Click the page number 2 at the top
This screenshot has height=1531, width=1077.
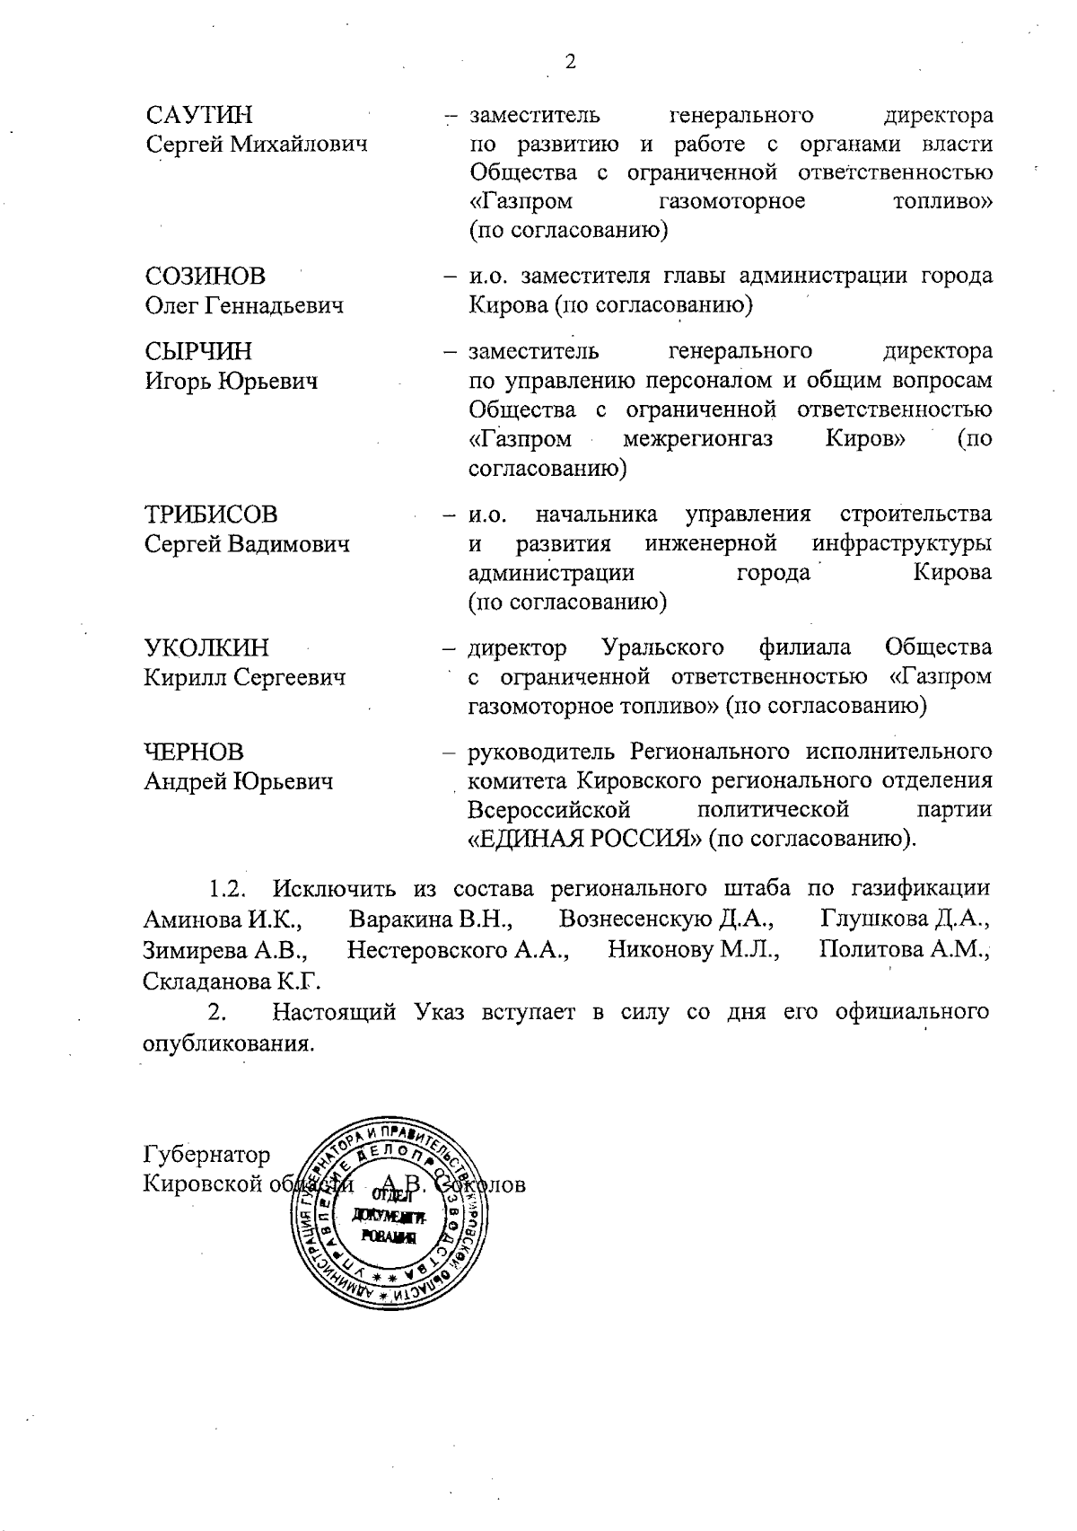tap(570, 62)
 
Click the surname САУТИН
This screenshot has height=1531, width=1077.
tap(198, 116)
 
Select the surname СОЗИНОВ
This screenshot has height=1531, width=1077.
tap(206, 277)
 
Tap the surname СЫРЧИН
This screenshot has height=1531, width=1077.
tap(198, 351)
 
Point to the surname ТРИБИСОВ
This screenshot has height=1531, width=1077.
tap(211, 515)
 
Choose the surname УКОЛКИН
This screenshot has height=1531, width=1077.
tap(206, 648)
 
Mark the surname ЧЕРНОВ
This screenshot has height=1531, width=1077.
tap(194, 752)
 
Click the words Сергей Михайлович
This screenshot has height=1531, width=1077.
tap(257, 145)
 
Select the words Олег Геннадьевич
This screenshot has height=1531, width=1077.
tap(244, 306)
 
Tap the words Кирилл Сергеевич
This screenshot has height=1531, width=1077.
tap(245, 678)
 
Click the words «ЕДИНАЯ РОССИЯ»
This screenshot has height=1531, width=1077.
tap(584, 840)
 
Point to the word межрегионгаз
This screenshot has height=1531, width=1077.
tap(697, 441)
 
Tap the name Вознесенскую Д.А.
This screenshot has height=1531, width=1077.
tap(667, 919)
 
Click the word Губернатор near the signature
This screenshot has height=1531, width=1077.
tap(206, 1154)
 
